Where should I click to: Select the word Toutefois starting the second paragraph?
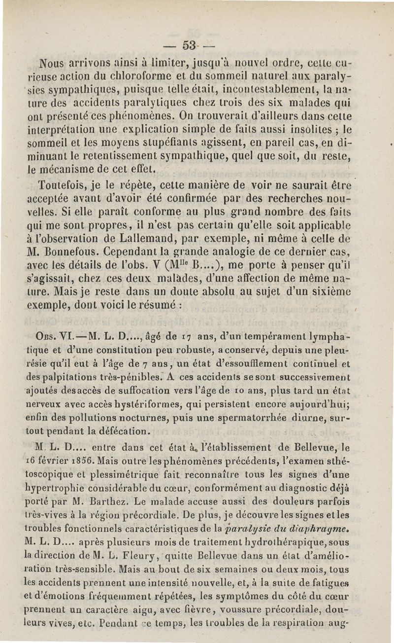tap(63, 186)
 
